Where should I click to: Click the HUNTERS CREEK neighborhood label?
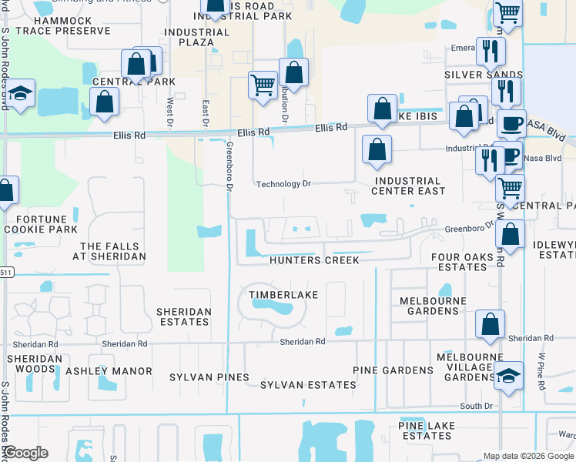pyautogui.click(x=314, y=260)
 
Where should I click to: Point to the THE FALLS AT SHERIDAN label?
pyautogui.click(x=112, y=251)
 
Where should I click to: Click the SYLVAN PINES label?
pyautogui.click(x=211, y=377)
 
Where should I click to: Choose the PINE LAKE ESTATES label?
pyautogui.click(x=425, y=430)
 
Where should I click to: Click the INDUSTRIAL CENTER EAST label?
pyautogui.click(x=409, y=186)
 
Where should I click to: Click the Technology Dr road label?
pyautogui.click(x=283, y=184)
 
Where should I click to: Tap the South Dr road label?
pyautogui.click(x=476, y=406)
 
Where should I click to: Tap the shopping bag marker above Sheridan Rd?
pyautogui.click(x=490, y=324)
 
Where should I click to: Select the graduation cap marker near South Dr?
pyautogui.click(x=508, y=376)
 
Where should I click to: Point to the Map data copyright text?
pyautogui.click(x=528, y=456)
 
